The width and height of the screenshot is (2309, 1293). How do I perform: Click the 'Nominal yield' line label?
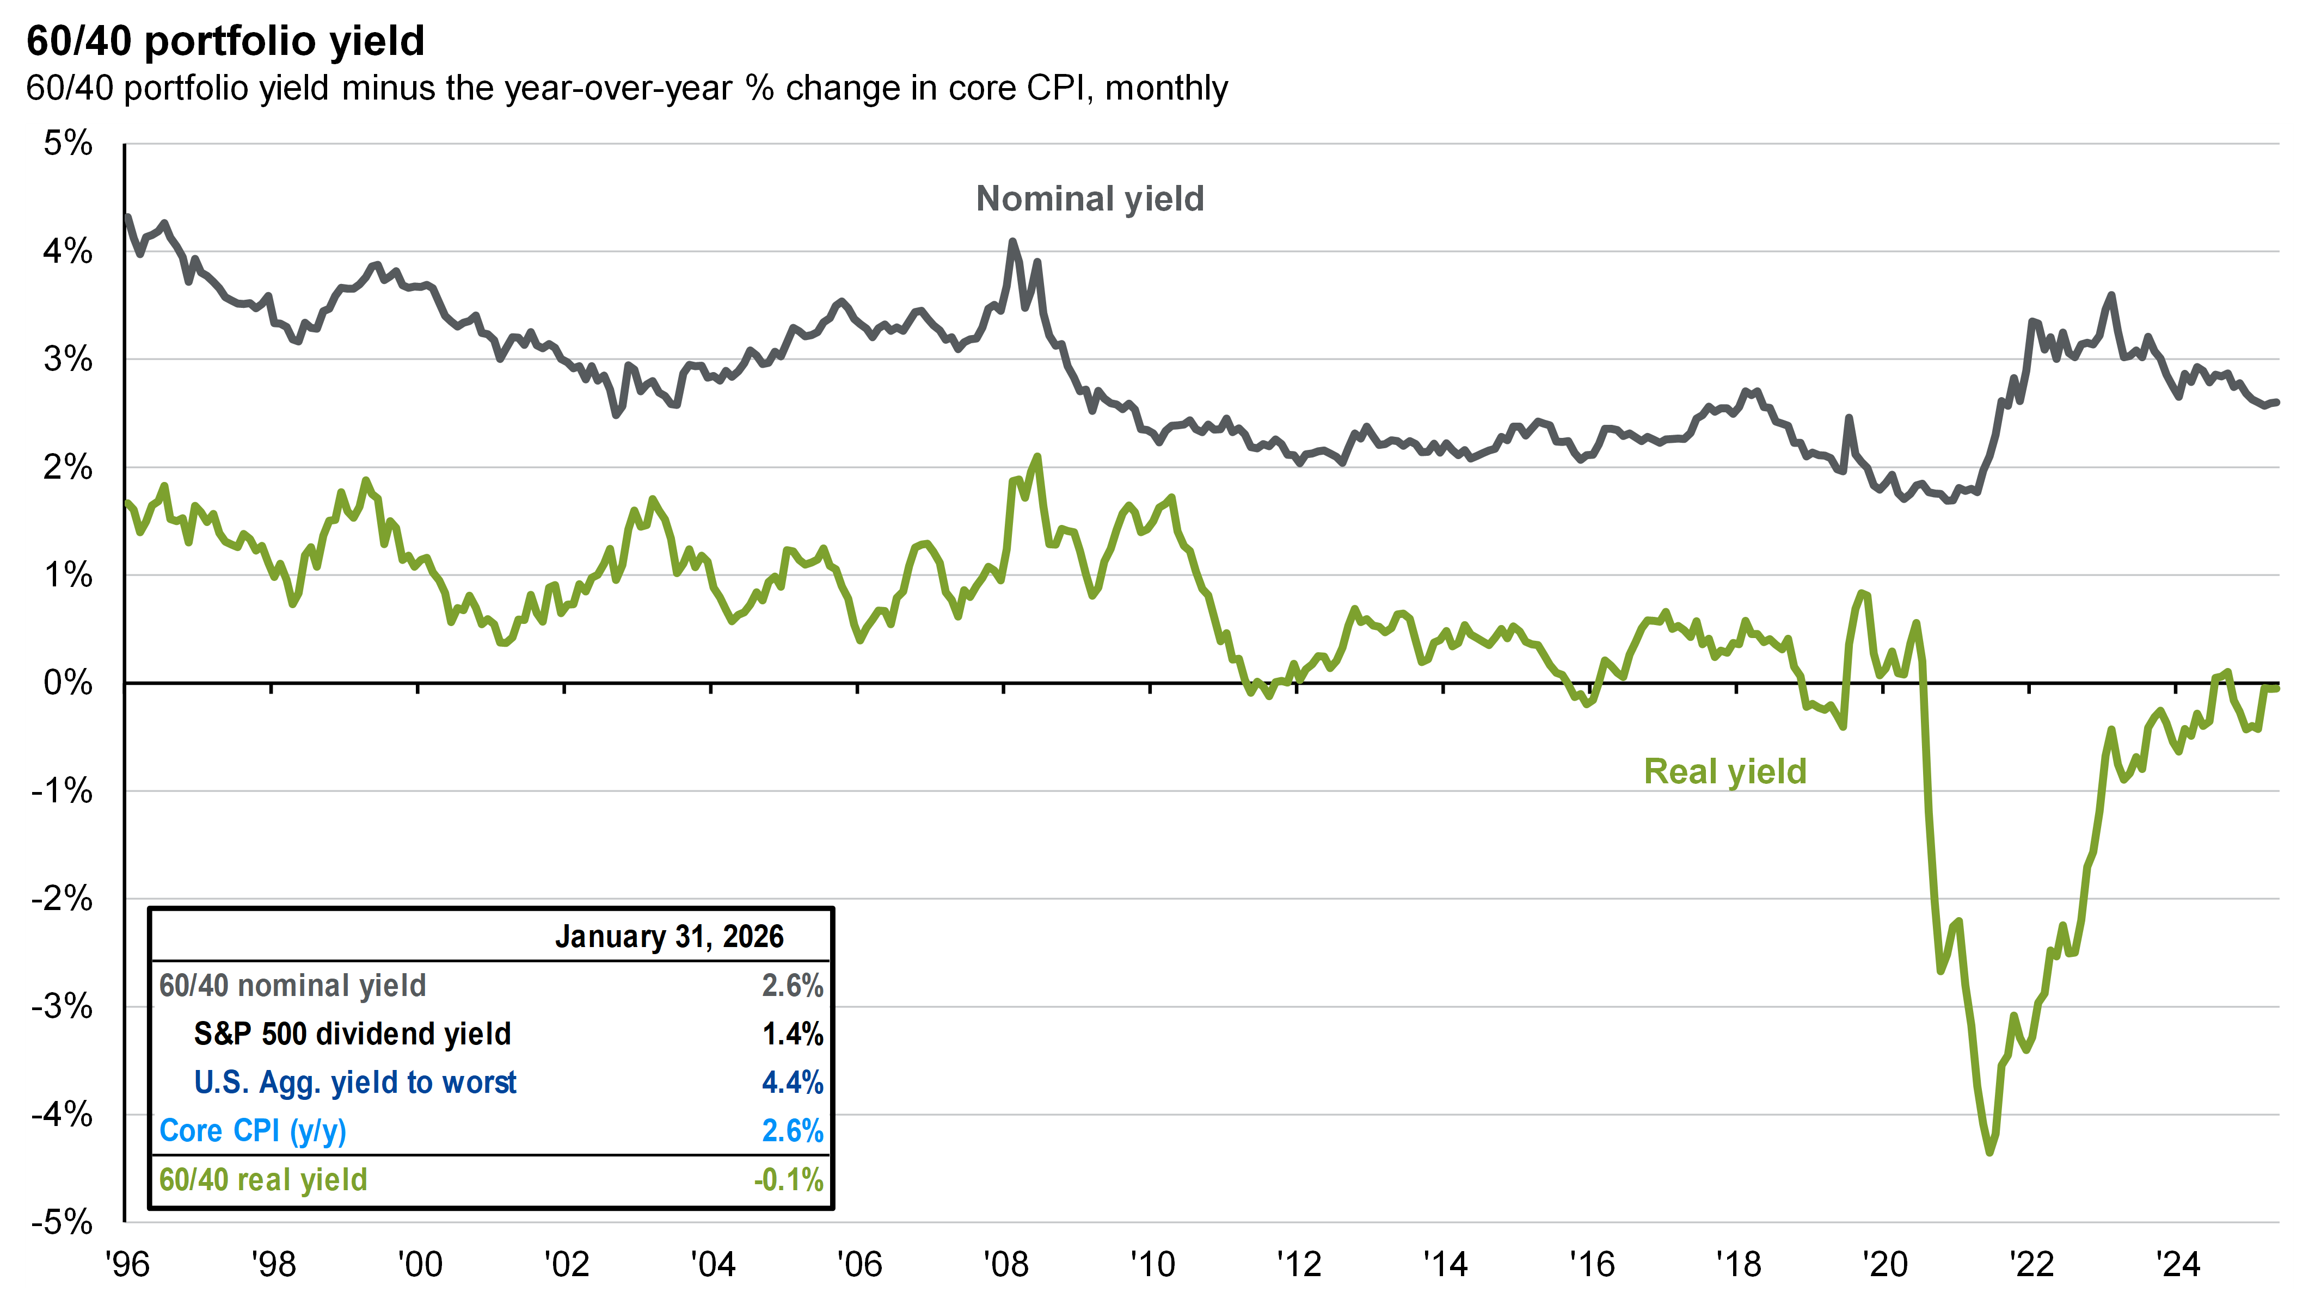point(1089,199)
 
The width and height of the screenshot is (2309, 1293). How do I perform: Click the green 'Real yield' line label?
point(1724,771)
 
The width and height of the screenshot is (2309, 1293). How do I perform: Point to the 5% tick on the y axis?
point(68,144)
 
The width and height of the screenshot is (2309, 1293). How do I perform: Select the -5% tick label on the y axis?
point(62,1222)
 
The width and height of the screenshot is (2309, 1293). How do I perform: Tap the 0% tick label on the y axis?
point(68,683)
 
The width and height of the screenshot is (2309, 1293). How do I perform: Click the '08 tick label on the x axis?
point(1006,1264)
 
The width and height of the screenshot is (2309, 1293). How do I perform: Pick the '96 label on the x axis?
point(127,1264)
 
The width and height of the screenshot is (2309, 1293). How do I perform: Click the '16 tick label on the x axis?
point(1592,1264)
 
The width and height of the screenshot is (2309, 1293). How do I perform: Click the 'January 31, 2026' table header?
point(668,936)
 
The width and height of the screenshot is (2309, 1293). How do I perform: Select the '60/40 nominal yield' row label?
point(292,986)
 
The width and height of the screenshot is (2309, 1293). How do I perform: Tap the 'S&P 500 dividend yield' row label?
point(352,1034)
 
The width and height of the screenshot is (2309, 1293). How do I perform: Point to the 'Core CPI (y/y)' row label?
point(253,1131)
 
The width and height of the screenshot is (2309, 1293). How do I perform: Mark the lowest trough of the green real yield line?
point(1990,1152)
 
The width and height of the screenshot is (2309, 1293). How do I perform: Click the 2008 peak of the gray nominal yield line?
point(1013,241)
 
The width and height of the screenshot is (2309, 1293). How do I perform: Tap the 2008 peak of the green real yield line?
point(1037,457)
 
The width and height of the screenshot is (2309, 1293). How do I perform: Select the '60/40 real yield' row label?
point(263,1180)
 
